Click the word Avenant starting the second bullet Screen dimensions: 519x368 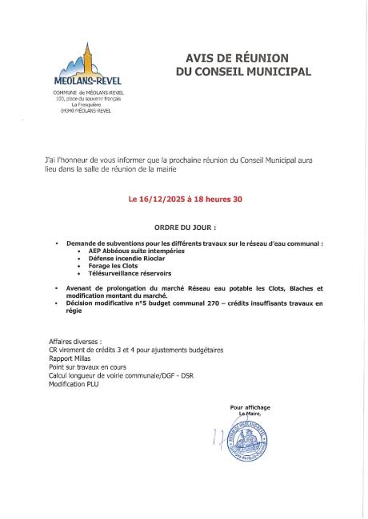pyautogui.click(x=81, y=287)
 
